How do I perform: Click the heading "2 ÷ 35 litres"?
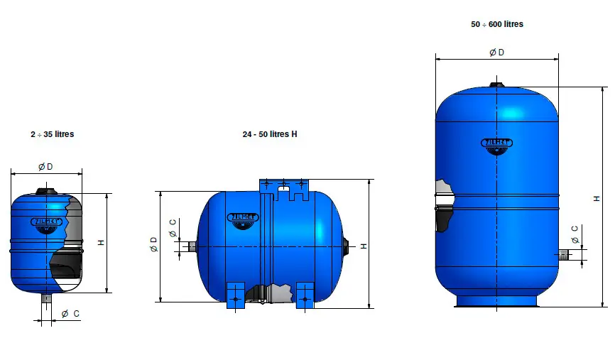(x=52, y=133)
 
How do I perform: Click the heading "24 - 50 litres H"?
(x=269, y=134)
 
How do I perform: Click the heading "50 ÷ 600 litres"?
(x=497, y=24)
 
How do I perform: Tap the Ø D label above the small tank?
(x=45, y=166)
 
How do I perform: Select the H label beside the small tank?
(x=101, y=243)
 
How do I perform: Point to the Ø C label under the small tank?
(x=70, y=313)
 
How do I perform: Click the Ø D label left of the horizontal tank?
(x=153, y=245)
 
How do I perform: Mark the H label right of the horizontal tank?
(x=363, y=246)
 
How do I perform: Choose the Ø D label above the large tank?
(x=497, y=53)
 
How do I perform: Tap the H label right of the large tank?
(x=597, y=198)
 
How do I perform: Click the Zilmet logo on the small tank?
(x=47, y=222)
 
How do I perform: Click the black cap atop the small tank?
(x=47, y=190)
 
